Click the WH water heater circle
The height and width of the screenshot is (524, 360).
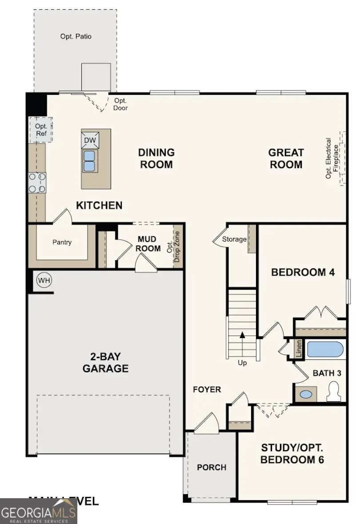[x=44, y=280]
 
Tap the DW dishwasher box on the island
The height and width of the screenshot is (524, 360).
[x=90, y=141]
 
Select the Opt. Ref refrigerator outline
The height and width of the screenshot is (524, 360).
[x=41, y=129]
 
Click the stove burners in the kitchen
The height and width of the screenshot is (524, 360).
[x=37, y=183]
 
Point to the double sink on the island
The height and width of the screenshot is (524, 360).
[x=90, y=161]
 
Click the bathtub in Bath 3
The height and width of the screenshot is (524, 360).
[x=325, y=350]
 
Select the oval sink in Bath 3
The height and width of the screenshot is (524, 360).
[x=306, y=394]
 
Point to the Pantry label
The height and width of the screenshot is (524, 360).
[x=62, y=242]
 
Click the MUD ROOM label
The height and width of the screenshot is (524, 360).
[x=149, y=244]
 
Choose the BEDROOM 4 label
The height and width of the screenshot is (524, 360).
[x=303, y=272]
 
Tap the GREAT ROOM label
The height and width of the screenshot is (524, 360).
[x=286, y=158]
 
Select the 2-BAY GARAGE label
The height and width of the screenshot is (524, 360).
[x=105, y=363]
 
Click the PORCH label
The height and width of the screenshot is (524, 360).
[x=212, y=468]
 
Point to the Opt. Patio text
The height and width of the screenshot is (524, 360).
[x=76, y=36]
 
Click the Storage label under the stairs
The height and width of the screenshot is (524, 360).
[x=234, y=239]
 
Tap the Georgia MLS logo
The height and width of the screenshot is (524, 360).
[x=39, y=511]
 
